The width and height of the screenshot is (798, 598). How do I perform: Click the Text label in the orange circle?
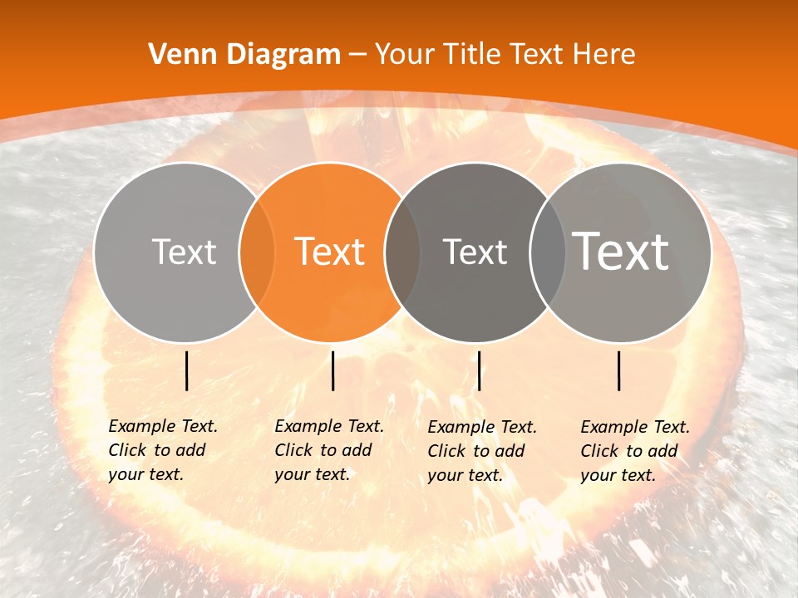tap(330, 251)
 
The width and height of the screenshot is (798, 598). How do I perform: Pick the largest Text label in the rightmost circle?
tap(621, 251)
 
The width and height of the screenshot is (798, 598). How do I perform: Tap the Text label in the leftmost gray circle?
tap(185, 252)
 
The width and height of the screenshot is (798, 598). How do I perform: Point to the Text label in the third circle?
tap(475, 252)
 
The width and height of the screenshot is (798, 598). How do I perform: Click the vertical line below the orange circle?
tap(332, 370)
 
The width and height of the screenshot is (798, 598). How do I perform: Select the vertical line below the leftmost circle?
tap(187, 370)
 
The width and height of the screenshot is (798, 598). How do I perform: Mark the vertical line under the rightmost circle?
tap(619, 370)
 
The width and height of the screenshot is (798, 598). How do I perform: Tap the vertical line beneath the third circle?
tap(480, 370)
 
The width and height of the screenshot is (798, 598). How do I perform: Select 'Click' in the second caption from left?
tap(293, 450)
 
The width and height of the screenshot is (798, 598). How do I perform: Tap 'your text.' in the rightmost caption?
tap(618, 475)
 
